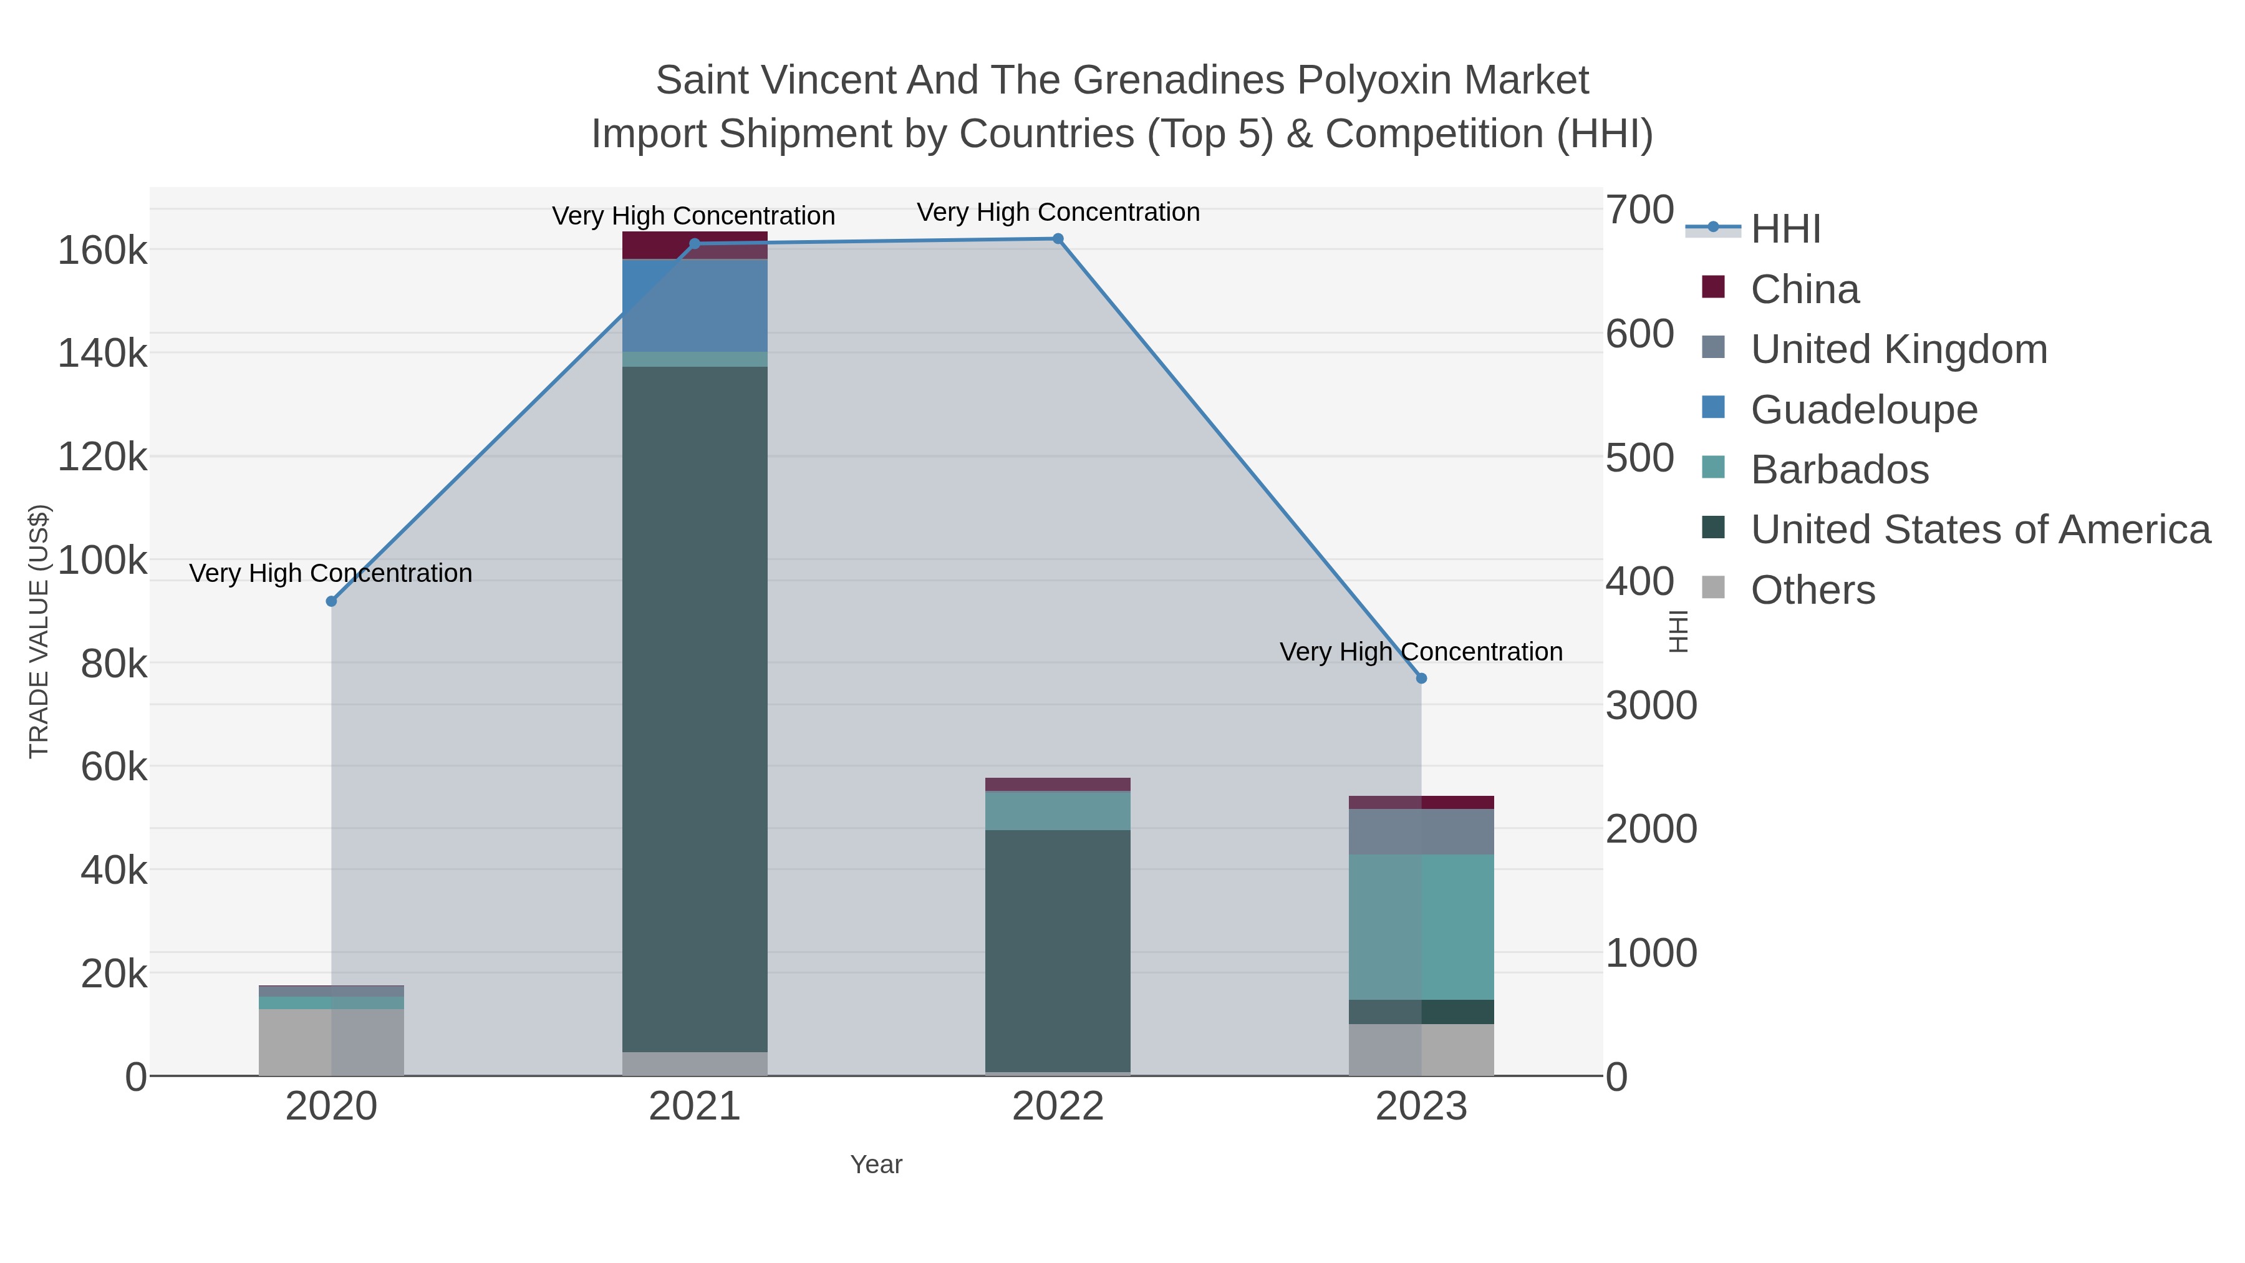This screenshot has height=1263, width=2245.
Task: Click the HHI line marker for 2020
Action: click(331, 601)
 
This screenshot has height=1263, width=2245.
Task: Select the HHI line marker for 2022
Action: click(1058, 239)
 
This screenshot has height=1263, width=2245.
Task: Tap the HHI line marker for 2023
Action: click(1421, 678)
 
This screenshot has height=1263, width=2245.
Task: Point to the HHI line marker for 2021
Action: click(695, 244)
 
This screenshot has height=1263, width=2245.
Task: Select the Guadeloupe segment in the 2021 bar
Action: click(695, 305)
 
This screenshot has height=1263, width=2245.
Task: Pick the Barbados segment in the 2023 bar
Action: click(1421, 927)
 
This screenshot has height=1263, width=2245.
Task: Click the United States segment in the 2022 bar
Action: click(1058, 950)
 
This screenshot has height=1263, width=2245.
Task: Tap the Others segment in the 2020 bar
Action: click(331, 1042)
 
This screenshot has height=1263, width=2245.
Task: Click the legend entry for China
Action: click(1804, 289)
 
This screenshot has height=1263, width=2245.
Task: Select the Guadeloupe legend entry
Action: click(1863, 410)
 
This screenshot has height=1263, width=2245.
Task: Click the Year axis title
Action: click(876, 1164)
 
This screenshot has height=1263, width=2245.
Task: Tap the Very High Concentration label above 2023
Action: click(1421, 652)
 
